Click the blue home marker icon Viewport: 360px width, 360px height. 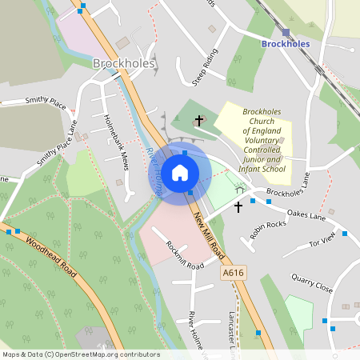coord(180,173)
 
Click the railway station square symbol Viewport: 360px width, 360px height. coord(286,32)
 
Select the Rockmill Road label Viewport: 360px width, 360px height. coord(180,255)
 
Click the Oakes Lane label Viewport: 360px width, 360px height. coord(306,215)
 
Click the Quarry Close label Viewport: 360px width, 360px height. coord(312,284)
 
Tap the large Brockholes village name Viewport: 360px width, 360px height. coord(123,63)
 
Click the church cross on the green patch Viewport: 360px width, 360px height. coord(199,121)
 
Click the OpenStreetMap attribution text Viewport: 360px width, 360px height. coord(81,354)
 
